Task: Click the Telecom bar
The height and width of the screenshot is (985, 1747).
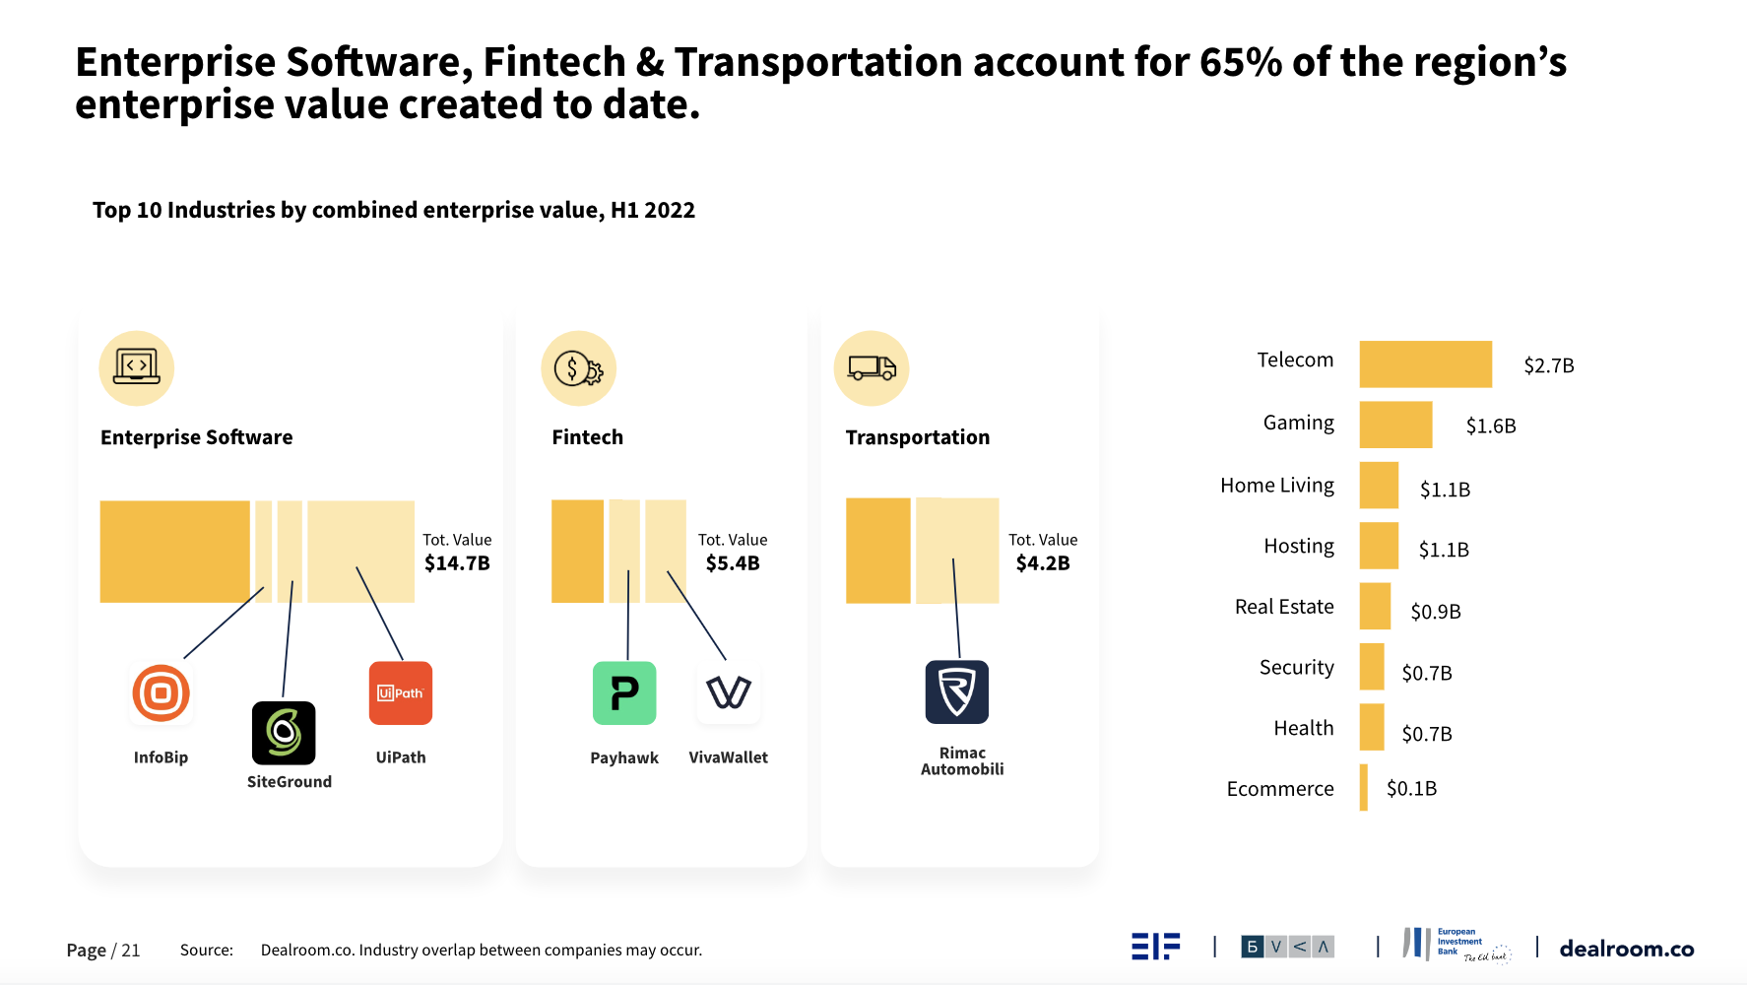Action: coord(1425,363)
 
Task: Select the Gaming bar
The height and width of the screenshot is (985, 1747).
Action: coord(1395,425)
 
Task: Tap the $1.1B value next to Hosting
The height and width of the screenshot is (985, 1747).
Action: coord(1443,550)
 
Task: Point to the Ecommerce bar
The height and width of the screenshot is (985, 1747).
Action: coord(1364,788)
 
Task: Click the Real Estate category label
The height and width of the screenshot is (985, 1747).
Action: coord(1283,607)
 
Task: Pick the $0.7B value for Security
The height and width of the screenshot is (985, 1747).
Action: coord(1426,673)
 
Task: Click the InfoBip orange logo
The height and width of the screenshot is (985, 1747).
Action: coord(161,693)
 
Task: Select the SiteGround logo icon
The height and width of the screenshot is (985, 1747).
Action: coord(284,733)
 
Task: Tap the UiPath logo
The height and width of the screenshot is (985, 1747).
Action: coord(401,692)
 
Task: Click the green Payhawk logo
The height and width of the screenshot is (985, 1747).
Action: coord(624,692)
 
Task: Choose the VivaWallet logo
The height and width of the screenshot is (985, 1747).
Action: coord(729,692)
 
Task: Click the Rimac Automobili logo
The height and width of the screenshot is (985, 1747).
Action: coord(956,691)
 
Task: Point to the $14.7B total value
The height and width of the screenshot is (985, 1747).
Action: coord(457,563)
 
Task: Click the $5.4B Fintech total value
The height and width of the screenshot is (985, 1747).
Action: coord(733,563)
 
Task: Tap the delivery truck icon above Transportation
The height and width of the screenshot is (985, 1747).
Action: coord(872,368)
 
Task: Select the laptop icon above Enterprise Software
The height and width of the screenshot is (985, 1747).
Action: coord(137,368)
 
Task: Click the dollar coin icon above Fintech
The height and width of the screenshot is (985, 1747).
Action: coord(578,368)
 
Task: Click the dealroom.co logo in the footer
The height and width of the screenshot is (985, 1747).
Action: coord(1626,949)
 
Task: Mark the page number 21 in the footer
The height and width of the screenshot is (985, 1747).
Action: coord(130,951)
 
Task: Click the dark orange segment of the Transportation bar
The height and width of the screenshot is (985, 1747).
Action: coord(877,551)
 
